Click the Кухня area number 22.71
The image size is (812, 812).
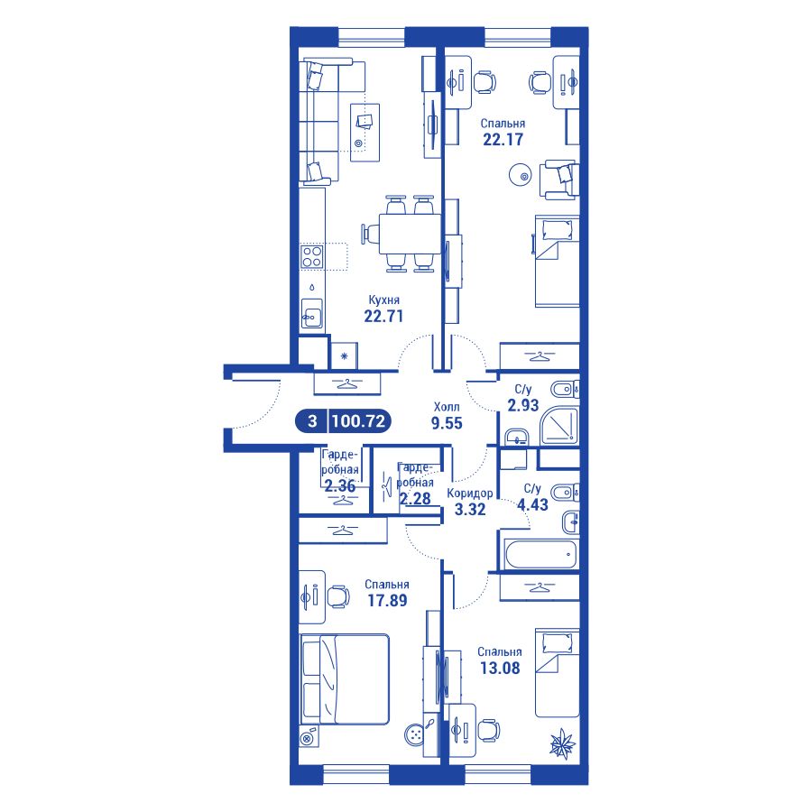coord(383,316)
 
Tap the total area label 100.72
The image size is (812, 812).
coord(359,420)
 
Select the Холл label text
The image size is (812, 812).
coord(447,407)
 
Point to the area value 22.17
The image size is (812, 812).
coord(503,139)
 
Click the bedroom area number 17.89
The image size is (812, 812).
coord(387,601)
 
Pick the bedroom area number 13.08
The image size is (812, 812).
coord(500,668)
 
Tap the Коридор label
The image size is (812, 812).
coord(470,493)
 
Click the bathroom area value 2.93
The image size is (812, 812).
coord(523,405)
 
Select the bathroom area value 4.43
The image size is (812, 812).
coord(532,504)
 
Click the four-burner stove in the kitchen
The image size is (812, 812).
coord(312,256)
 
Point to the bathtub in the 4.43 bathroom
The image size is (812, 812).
coord(540,554)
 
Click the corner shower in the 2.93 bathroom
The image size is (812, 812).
coord(558,426)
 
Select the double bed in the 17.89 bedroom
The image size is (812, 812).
coord(345,678)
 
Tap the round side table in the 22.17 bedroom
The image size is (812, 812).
coord(520,175)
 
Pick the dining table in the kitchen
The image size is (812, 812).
coord(410,234)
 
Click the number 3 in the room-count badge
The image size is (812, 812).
coord(312,421)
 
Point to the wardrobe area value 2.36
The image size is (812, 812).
coord(340,485)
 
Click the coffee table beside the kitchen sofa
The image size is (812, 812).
coord(364,133)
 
